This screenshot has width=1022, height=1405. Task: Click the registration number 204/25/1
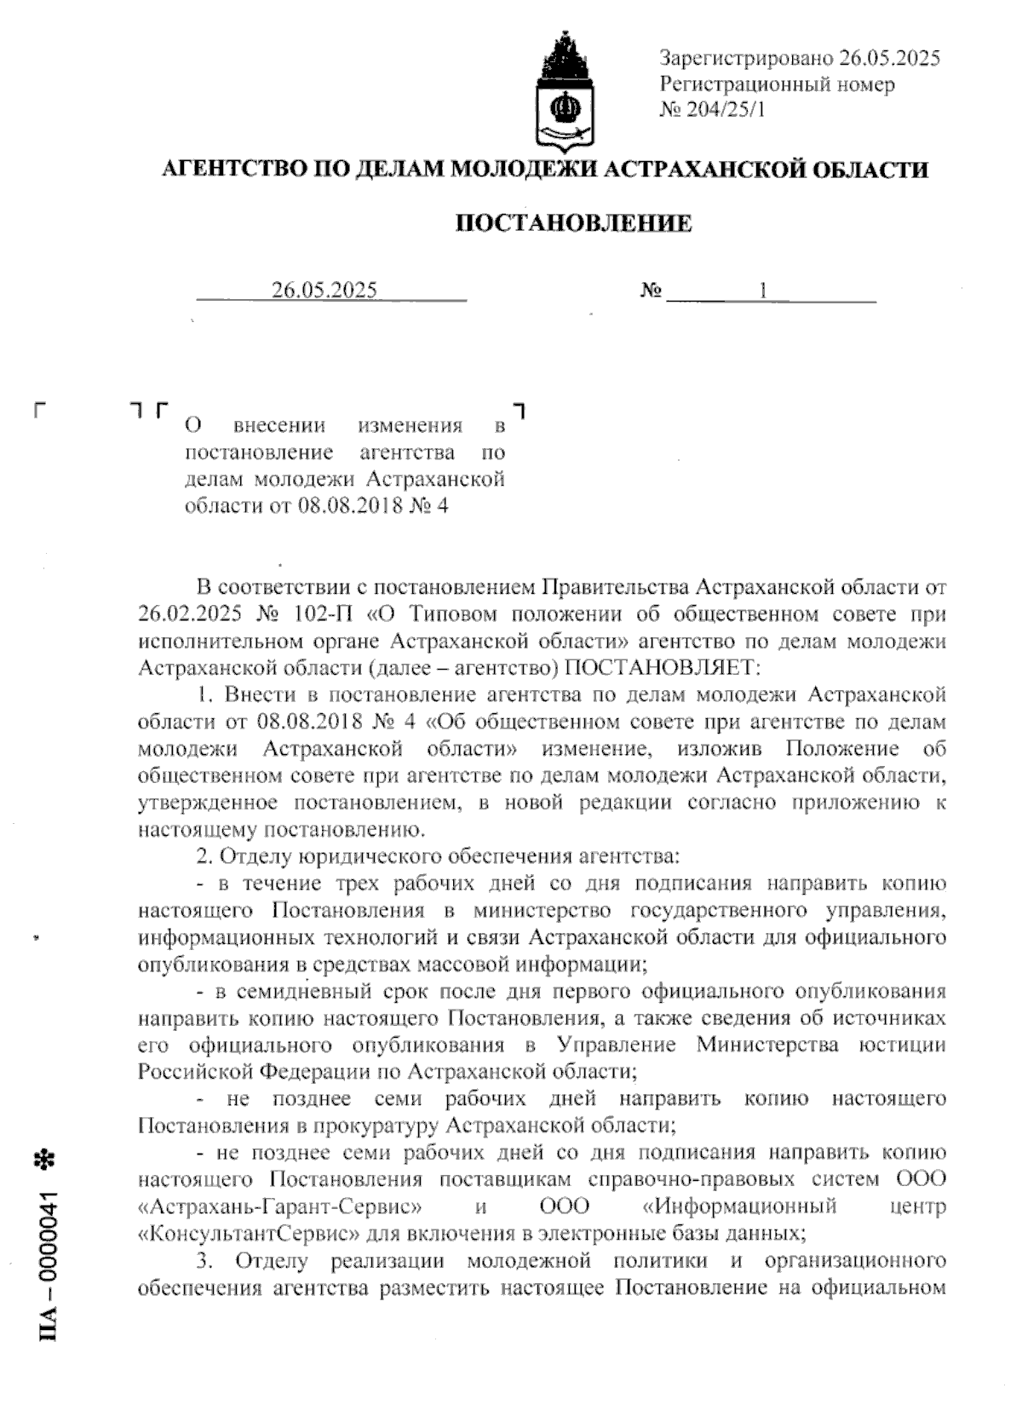pos(724,109)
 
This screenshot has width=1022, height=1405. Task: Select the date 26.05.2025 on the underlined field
pos(324,291)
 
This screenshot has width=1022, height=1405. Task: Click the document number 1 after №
pos(763,291)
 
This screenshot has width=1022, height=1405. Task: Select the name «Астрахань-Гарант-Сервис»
pos(281,1206)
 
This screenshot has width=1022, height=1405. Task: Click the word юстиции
pos(907,1045)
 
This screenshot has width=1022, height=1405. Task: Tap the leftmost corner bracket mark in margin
pos(39,410)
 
